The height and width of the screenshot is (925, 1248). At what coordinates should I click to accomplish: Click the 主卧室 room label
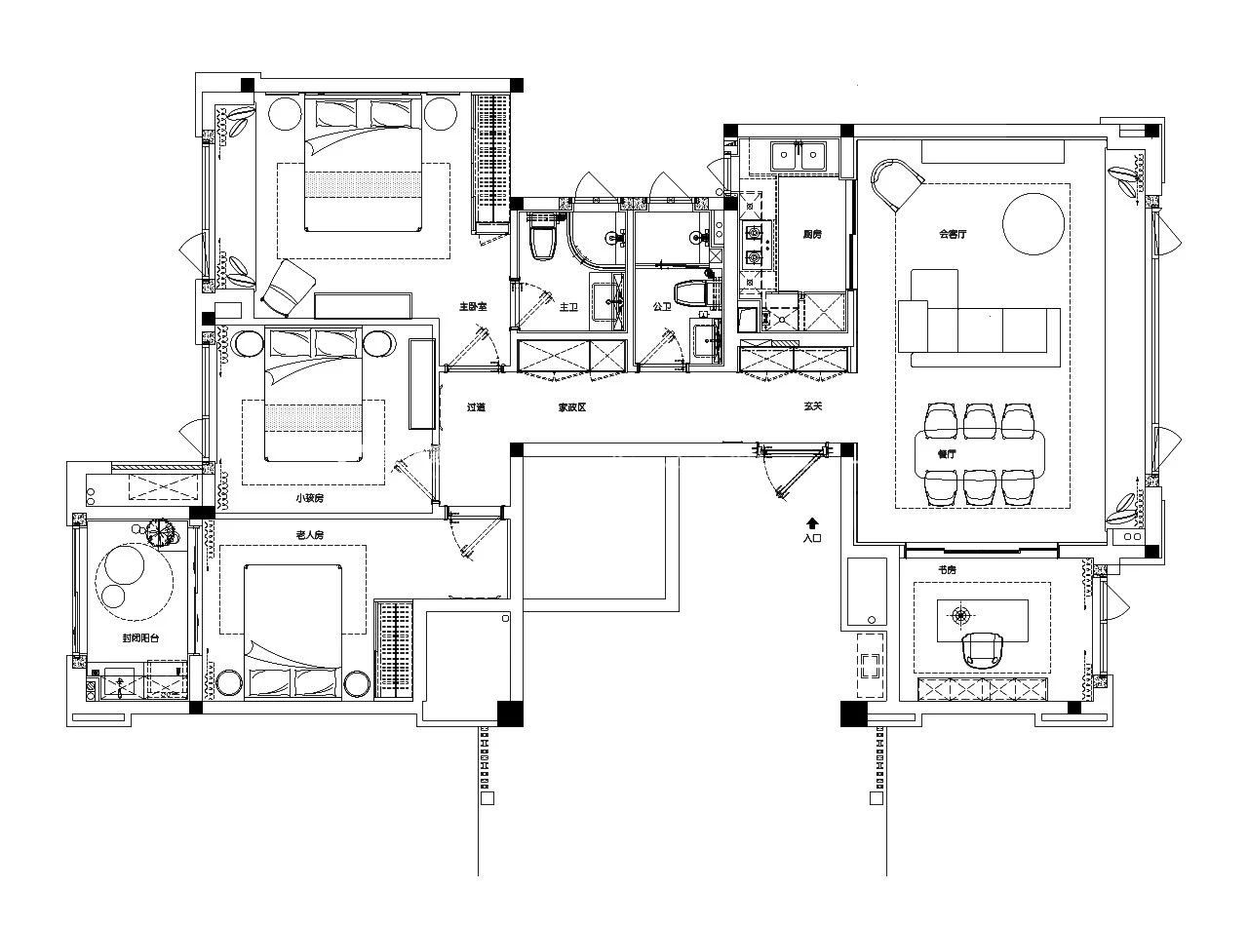click(x=473, y=307)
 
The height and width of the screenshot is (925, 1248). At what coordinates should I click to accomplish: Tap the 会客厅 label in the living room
click(x=952, y=234)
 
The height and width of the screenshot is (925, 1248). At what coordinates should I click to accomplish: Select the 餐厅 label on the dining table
click(x=946, y=453)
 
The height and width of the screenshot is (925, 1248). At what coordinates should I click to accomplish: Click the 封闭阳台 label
click(x=140, y=638)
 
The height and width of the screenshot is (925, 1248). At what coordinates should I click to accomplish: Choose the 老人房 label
click(x=309, y=535)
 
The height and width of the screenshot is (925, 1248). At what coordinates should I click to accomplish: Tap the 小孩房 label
click(x=309, y=498)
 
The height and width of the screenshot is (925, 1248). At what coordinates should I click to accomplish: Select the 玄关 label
click(x=813, y=406)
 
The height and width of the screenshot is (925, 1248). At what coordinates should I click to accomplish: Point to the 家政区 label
click(x=571, y=407)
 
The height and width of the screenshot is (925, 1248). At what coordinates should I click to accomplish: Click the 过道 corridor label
click(x=476, y=407)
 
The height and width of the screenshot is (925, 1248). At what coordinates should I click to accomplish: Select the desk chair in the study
click(x=982, y=649)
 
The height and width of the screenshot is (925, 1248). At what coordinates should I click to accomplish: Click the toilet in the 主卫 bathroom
click(x=542, y=240)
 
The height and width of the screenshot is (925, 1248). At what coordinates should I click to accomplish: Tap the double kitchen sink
click(x=798, y=154)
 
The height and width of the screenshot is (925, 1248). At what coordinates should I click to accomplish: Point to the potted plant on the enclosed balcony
click(x=159, y=532)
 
